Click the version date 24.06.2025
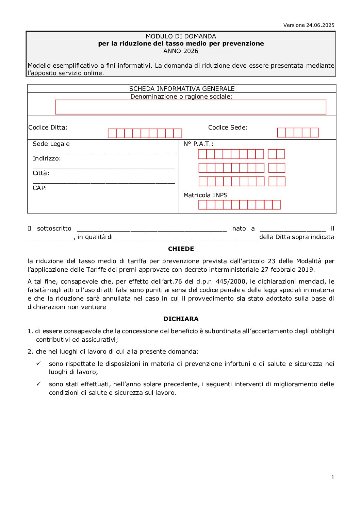[x=320, y=25]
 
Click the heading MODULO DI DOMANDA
[x=181, y=36]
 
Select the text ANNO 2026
[x=181, y=51]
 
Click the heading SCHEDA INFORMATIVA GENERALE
[x=182, y=89]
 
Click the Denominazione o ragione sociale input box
[x=191, y=107]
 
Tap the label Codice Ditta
[x=48, y=128]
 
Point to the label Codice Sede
[x=228, y=128]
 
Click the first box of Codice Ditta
[x=112, y=133]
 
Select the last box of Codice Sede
[x=314, y=133]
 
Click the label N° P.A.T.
[x=198, y=144]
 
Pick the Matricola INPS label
[x=205, y=195]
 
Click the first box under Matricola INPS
[x=202, y=205]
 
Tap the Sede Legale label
[x=51, y=144]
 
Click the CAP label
[x=39, y=188]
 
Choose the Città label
[x=41, y=173]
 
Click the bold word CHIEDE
[x=181, y=249]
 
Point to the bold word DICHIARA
[x=181, y=319]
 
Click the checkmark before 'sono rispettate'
[x=38, y=363]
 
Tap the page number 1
[x=333, y=477]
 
